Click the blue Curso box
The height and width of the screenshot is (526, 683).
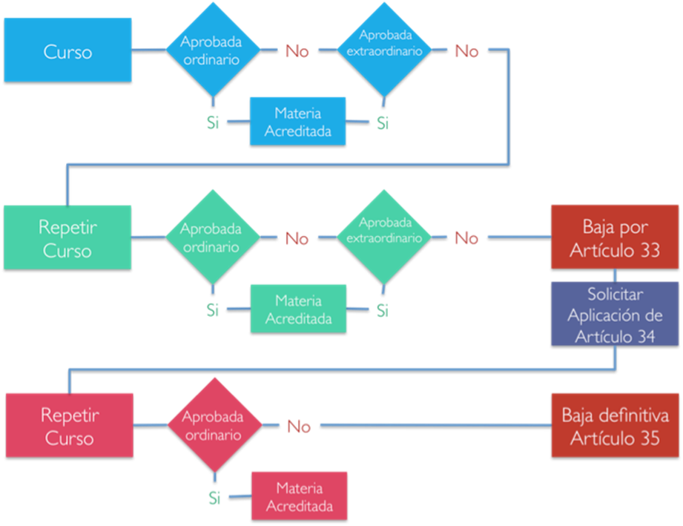pyautogui.click(x=68, y=50)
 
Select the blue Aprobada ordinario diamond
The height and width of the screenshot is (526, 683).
pyautogui.click(x=213, y=50)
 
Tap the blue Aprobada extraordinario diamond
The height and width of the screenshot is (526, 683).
pyautogui.click(x=384, y=50)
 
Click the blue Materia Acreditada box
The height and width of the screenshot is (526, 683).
pyautogui.click(x=298, y=121)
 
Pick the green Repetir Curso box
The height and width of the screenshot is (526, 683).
pyautogui.click(x=67, y=237)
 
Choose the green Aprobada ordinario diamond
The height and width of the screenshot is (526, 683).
pyautogui.click(x=213, y=237)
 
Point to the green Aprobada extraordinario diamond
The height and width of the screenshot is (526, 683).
pyautogui.click(x=383, y=237)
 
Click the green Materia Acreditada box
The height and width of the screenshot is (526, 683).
pyautogui.click(x=298, y=309)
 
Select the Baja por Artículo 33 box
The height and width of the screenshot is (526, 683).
pyautogui.click(x=615, y=237)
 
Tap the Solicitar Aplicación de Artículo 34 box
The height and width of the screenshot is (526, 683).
pyautogui.click(x=615, y=315)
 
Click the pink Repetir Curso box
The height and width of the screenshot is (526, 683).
pyautogui.click(x=70, y=425)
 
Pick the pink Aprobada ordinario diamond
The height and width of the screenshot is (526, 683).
pyautogui.click(x=215, y=425)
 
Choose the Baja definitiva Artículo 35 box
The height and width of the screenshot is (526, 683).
pyautogui.click(x=615, y=425)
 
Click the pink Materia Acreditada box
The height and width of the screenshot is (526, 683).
pyautogui.click(x=300, y=496)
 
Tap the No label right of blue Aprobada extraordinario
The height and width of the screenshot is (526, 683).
pyautogui.click(x=466, y=51)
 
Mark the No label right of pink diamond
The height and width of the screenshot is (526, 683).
pyautogui.click(x=299, y=426)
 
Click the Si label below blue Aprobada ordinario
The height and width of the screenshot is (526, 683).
pyautogui.click(x=213, y=122)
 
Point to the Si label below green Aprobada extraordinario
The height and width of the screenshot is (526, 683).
pyautogui.click(x=383, y=311)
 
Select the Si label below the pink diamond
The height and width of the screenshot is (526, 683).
pyautogui.click(x=214, y=498)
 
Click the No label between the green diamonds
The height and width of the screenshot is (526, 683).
pyautogui.click(x=297, y=238)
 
